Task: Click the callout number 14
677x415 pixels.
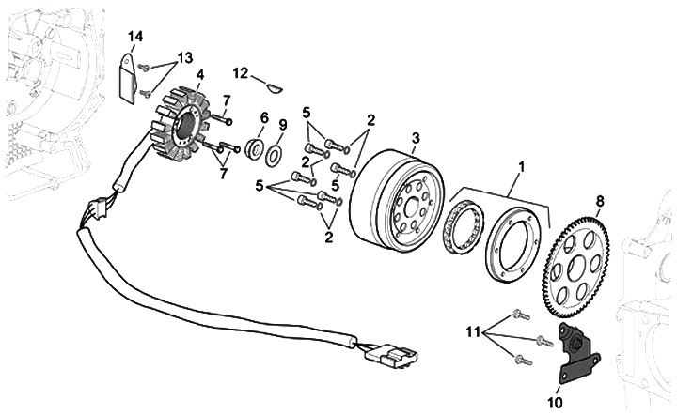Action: (x=135, y=37)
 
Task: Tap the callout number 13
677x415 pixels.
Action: (x=185, y=58)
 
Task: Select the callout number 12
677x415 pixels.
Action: (x=241, y=73)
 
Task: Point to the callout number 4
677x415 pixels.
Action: (x=200, y=74)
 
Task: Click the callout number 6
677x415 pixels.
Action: (x=264, y=117)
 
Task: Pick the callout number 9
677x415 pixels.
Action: (x=283, y=125)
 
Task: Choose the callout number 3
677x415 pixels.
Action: (x=416, y=138)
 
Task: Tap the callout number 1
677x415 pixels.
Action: (x=521, y=166)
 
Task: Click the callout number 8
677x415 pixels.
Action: (x=600, y=201)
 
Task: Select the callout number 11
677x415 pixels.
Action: (x=473, y=332)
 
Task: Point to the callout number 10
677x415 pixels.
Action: (x=556, y=403)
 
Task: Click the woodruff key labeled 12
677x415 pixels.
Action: (x=275, y=88)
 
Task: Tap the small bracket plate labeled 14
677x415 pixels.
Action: (x=128, y=79)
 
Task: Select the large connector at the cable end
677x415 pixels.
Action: (x=391, y=354)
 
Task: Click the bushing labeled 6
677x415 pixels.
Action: (x=254, y=147)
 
